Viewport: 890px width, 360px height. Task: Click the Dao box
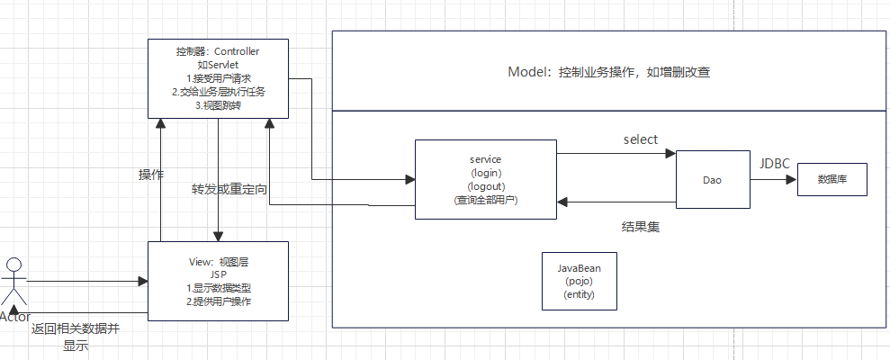712,180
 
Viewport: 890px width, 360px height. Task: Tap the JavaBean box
579,281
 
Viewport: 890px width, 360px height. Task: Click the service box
485,179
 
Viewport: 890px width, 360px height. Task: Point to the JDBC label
776,164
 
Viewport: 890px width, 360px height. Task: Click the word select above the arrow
640,139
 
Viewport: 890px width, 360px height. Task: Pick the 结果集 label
641,227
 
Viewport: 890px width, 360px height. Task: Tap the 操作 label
150,175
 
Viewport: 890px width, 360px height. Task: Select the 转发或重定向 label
229,190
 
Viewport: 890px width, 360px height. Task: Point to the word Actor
15,317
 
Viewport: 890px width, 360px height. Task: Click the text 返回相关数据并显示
75,337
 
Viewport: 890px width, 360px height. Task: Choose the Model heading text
609,72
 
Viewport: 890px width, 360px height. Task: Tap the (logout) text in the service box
485,186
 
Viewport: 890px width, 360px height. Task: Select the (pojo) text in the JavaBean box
579,282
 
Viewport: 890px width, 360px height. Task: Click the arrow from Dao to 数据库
772,179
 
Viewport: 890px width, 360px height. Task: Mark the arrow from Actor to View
85,282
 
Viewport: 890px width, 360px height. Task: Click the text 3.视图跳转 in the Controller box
219,104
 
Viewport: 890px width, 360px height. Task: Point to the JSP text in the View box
218,274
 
